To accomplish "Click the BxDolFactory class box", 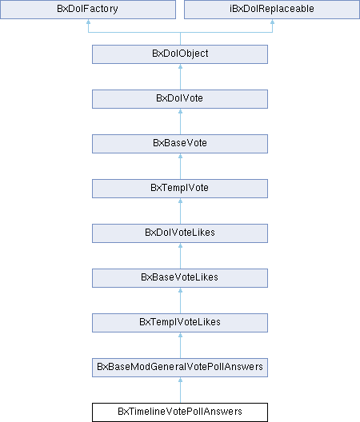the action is [x=88, y=10].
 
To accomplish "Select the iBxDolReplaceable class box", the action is [x=272, y=10].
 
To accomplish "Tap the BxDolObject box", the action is [x=180, y=54].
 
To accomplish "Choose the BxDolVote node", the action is [x=180, y=99].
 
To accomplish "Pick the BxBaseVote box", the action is [x=180, y=144].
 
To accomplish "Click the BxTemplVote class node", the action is [x=180, y=189].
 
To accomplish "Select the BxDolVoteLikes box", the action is [x=180, y=233].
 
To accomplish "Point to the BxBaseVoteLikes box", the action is [x=180, y=278].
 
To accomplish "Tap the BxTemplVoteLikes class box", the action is [x=180, y=323].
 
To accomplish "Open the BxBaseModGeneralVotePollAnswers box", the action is [x=180, y=368].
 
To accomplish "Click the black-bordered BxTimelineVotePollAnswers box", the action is [x=180, y=412].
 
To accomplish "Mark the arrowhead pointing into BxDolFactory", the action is [x=88, y=22].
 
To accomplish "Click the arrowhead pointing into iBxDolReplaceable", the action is [x=273, y=22].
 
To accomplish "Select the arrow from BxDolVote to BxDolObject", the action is [x=180, y=77].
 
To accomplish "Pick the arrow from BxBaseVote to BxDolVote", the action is [x=180, y=121].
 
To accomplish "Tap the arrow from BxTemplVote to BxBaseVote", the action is [x=180, y=166].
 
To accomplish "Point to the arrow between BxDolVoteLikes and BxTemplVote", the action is [x=180, y=211].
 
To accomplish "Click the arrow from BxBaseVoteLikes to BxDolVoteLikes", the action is [x=180, y=256].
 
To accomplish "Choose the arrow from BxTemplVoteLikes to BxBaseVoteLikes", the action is [x=180, y=301].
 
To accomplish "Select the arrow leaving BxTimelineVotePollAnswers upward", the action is [x=180, y=390].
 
